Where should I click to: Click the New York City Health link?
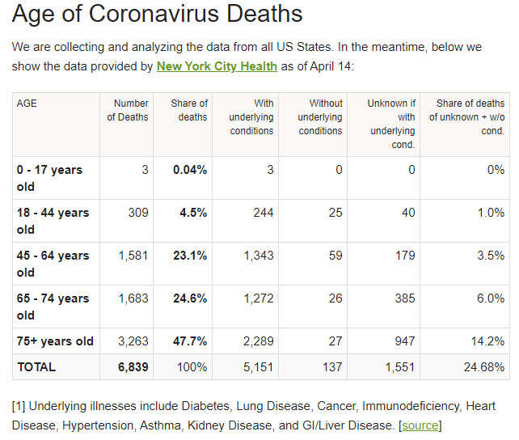pos(217,66)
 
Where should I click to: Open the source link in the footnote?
pos(420,425)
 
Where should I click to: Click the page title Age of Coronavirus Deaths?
pos(158,15)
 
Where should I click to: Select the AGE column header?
pos(27,104)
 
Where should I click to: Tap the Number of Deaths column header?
pos(129,110)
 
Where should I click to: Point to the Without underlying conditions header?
pos(320,117)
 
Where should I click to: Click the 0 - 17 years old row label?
pos(49,178)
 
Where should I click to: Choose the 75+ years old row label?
pos(55,341)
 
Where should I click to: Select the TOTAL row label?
pos(36,367)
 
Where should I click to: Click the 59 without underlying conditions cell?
pos(335,256)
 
